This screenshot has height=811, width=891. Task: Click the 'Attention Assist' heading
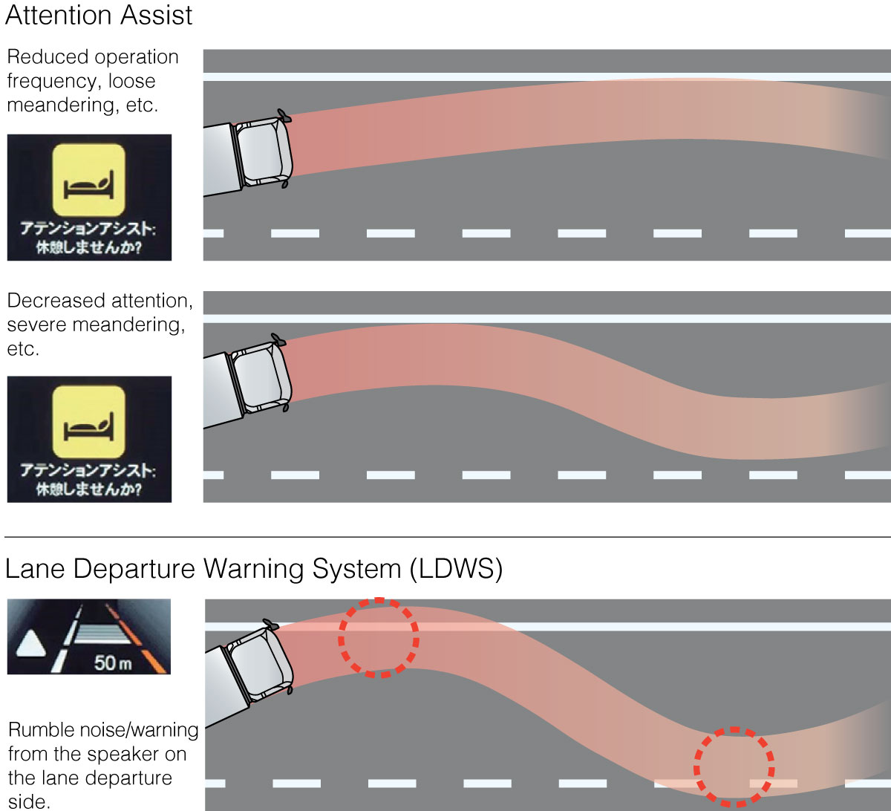(x=99, y=16)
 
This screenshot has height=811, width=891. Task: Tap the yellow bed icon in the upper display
(x=88, y=180)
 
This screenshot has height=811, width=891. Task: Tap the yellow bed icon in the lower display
(x=88, y=423)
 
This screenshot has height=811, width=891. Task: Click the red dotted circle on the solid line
(x=379, y=637)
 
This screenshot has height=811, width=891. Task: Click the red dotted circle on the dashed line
(x=734, y=766)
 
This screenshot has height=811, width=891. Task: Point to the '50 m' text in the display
(x=112, y=662)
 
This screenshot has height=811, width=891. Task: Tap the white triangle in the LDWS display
(x=30, y=644)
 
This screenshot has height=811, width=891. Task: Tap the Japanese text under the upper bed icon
(x=88, y=237)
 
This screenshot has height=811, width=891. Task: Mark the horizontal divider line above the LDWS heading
(x=446, y=537)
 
